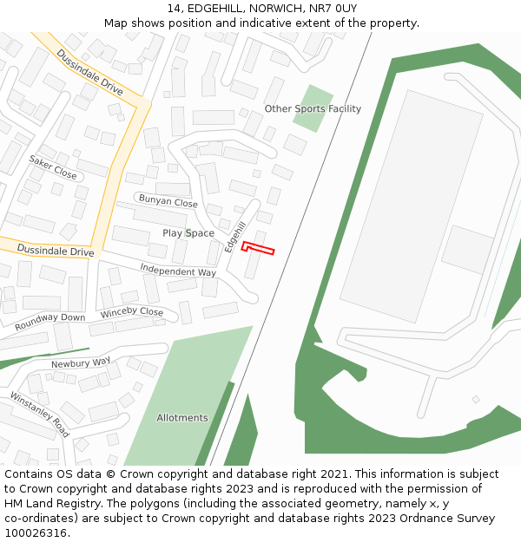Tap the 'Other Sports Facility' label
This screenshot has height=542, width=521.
313,109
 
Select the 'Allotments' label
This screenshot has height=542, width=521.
182,418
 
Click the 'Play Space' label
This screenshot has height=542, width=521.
188,233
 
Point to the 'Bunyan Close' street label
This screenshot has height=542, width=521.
168,201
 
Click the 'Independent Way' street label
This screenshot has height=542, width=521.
178,271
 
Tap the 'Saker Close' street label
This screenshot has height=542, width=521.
53,167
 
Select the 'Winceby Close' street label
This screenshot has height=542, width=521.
132,312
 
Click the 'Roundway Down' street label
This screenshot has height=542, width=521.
49,322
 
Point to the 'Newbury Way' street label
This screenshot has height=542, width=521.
81,362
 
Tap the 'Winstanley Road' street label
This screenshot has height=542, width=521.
40,414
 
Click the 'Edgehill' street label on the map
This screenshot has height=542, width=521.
231,234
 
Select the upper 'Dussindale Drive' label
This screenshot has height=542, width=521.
90,72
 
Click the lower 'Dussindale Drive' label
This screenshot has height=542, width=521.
55,251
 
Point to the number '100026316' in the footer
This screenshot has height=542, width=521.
36,532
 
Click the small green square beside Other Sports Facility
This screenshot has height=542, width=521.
313,108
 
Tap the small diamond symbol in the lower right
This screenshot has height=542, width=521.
475,399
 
